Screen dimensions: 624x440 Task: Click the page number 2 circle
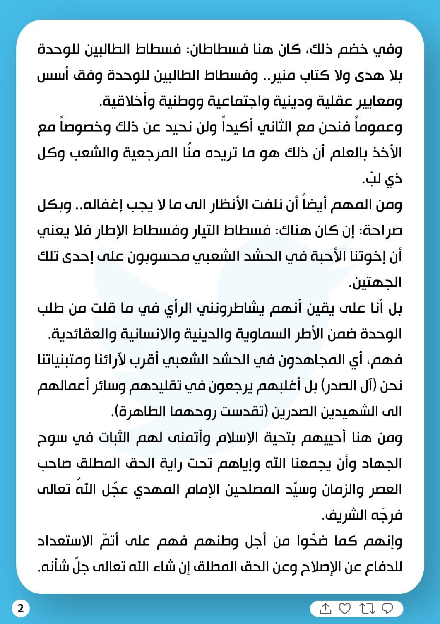point(21,608)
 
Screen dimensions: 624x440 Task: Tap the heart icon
point(345,608)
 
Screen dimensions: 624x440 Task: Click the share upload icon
point(326,608)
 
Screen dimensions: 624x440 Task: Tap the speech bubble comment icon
point(387,608)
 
